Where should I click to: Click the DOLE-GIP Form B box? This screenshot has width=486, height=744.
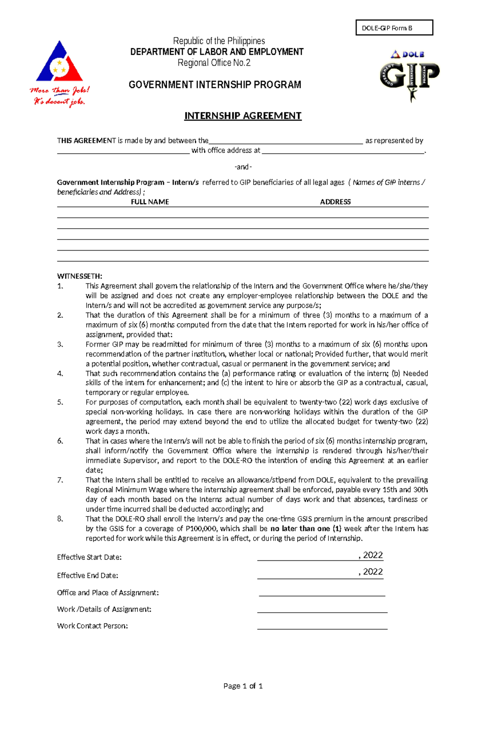point(394,28)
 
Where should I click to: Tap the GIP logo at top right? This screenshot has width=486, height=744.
point(409,75)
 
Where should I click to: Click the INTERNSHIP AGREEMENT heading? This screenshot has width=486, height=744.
point(243,116)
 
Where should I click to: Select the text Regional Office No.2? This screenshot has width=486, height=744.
point(214,63)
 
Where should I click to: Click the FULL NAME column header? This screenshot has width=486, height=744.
point(150,202)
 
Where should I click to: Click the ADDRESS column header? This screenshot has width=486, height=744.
point(335,202)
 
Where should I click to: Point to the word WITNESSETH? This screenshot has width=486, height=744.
point(80,277)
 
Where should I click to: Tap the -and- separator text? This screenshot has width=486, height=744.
point(243,167)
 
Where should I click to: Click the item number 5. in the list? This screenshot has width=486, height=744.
point(60,402)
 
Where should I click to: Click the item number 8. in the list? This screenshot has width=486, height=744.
point(60,519)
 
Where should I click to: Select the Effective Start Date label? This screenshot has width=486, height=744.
point(89,557)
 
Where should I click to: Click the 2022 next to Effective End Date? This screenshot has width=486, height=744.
point(373,572)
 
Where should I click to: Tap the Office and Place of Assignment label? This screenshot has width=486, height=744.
point(108,593)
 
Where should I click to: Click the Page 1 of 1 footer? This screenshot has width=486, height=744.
point(243,686)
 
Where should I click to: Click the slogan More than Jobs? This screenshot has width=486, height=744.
point(60,90)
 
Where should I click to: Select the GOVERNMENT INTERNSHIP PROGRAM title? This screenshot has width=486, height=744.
point(215,85)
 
